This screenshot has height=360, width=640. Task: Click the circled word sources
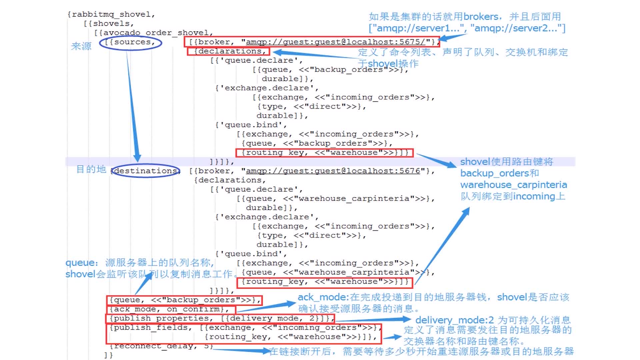132,42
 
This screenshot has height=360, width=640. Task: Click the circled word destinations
145,171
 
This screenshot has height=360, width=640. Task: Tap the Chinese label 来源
81,46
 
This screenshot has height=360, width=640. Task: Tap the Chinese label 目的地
91,169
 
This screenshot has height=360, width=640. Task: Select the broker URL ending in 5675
335,42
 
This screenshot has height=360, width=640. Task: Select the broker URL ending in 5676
333,171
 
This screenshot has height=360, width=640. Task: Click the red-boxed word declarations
230,51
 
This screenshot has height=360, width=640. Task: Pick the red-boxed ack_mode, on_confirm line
170,309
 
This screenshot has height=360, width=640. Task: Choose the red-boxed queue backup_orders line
184,300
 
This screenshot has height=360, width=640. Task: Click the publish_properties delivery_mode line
220,319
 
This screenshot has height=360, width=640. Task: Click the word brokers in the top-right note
481,17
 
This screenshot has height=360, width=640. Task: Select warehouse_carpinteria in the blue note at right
513,185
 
